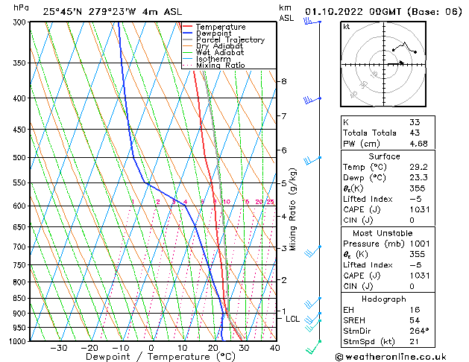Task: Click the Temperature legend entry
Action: pyautogui.click(x=221, y=27)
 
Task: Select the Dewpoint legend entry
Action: pyautogui.click(x=215, y=34)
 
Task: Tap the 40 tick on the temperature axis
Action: pyautogui.click(x=274, y=348)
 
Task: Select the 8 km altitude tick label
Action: pyautogui.click(x=283, y=81)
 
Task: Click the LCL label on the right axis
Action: pyautogui.click(x=293, y=319)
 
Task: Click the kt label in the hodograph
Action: pyautogui.click(x=346, y=26)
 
